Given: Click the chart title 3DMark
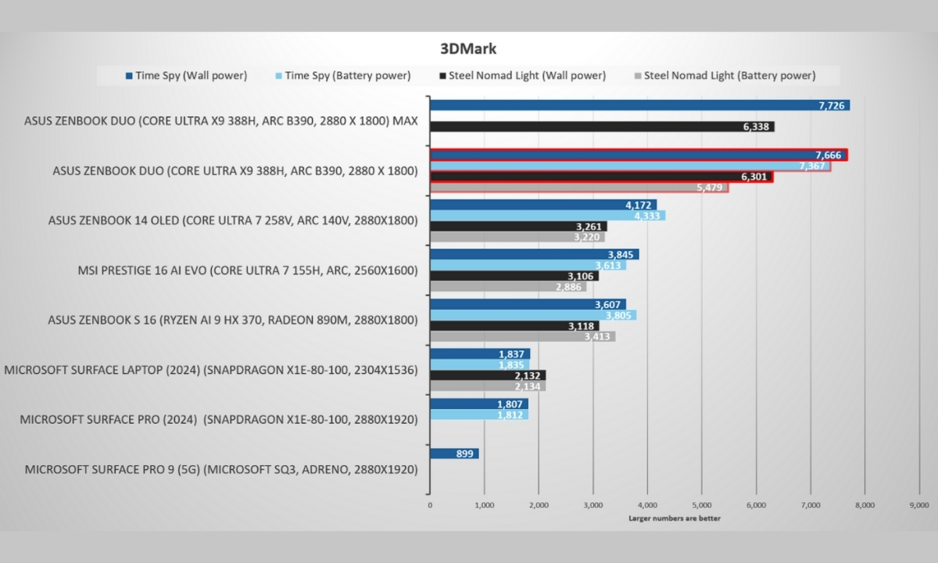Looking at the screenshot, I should click(468, 48).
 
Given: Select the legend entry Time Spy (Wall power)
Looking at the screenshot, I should click(186, 76).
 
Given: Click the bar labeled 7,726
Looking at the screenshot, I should click(639, 105).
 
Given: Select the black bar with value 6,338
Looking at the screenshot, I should click(602, 127).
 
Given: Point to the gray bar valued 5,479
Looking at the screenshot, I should click(578, 188).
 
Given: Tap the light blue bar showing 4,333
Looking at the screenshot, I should click(547, 216).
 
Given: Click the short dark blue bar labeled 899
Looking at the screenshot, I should click(454, 454).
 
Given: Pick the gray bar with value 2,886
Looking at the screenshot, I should click(508, 287).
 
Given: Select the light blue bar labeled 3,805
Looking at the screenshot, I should click(532, 315).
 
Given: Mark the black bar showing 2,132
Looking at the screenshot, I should click(488, 375).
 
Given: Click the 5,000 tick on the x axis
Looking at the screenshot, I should click(701, 505).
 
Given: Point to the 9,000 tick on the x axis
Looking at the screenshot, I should click(919, 505).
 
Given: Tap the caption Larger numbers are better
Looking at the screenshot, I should click(675, 518).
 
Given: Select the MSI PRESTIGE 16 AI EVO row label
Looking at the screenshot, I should click(248, 271).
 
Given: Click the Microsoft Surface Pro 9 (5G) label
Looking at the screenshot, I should click(221, 470).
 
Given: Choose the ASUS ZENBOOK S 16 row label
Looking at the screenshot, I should click(233, 321).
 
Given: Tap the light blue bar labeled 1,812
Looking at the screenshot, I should click(478, 414).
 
